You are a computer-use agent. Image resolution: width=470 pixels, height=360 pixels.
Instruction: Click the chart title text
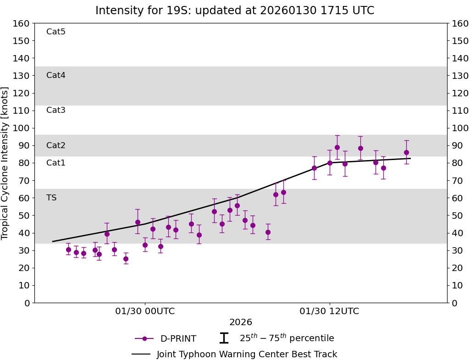tap(235, 11)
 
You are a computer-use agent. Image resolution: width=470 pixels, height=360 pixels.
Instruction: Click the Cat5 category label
tap(56, 32)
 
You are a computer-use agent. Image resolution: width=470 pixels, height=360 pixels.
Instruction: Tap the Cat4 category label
tap(56, 75)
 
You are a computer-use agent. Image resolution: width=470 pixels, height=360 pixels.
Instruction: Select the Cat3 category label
tap(56, 110)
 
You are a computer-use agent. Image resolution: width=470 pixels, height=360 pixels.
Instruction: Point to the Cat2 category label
tap(56, 145)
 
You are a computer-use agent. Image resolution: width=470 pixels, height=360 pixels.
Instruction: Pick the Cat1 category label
tap(56, 163)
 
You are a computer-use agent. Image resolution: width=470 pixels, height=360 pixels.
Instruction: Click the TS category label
tap(51, 198)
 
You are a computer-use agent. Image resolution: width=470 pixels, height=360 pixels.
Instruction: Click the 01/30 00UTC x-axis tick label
tap(145, 311)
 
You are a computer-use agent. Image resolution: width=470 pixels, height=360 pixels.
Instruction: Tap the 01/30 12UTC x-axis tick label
tap(329, 311)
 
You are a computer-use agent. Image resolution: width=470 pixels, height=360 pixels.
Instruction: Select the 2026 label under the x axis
tap(241, 322)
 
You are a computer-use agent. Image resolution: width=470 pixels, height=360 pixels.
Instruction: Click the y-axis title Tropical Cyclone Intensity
tap(5, 163)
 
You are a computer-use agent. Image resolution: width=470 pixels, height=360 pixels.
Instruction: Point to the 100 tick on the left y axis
tap(22, 128)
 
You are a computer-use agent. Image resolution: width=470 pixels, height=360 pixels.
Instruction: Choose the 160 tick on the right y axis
tap(459, 23)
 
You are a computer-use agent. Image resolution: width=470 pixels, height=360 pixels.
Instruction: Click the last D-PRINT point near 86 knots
tap(406, 152)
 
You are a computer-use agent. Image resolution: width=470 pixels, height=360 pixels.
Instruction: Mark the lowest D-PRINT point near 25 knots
tap(126, 259)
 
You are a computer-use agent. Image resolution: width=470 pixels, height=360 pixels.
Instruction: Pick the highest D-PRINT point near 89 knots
tap(337, 147)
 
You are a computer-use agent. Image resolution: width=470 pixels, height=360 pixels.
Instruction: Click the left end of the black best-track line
tap(53, 241)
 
